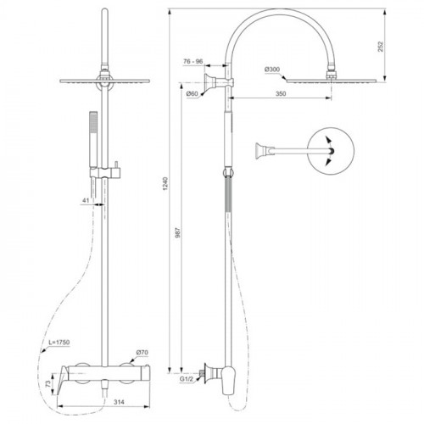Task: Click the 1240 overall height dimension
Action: pyautogui.click(x=165, y=183)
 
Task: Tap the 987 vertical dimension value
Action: pyautogui.click(x=178, y=232)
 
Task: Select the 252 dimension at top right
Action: pyautogui.click(x=381, y=47)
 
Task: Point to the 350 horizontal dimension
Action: pyautogui.click(x=281, y=93)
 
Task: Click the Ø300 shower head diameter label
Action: pyautogui.click(x=272, y=70)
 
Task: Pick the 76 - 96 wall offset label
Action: pyautogui.click(x=193, y=61)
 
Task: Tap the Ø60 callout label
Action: pyautogui.click(x=192, y=93)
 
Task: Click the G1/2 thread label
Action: pyautogui.click(x=186, y=379)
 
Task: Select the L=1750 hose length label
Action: pyautogui.click(x=59, y=343)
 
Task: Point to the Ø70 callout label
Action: pyautogui.click(x=142, y=353)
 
